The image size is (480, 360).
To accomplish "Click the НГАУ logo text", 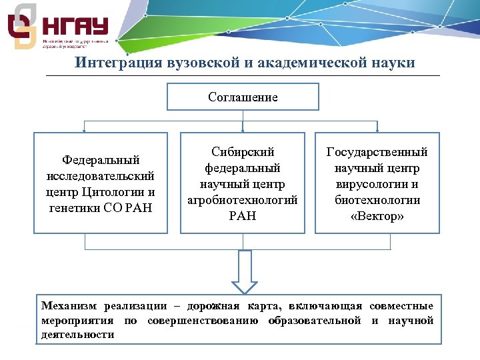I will click(x=75, y=27).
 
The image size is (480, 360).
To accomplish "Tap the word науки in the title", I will click(x=393, y=63).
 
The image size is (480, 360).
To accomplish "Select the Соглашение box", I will click(x=243, y=97).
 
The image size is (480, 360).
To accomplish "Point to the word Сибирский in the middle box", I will click(x=243, y=152).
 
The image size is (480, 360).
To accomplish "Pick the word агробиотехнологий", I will click(x=243, y=200).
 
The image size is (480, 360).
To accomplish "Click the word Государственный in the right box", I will click(x=377, y=152).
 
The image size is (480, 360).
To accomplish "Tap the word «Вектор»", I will click(x=377, y=217).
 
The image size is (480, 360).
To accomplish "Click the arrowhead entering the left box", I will click(x=84, y=130).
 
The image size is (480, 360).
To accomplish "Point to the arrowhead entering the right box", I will click(x=377, y=130).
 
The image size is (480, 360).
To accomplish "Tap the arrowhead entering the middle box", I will click(x=243, y=130).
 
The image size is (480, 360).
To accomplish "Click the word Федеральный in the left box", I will click(x=101, y=160).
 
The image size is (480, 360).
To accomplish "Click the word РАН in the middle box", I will click(x=243, y=216).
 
